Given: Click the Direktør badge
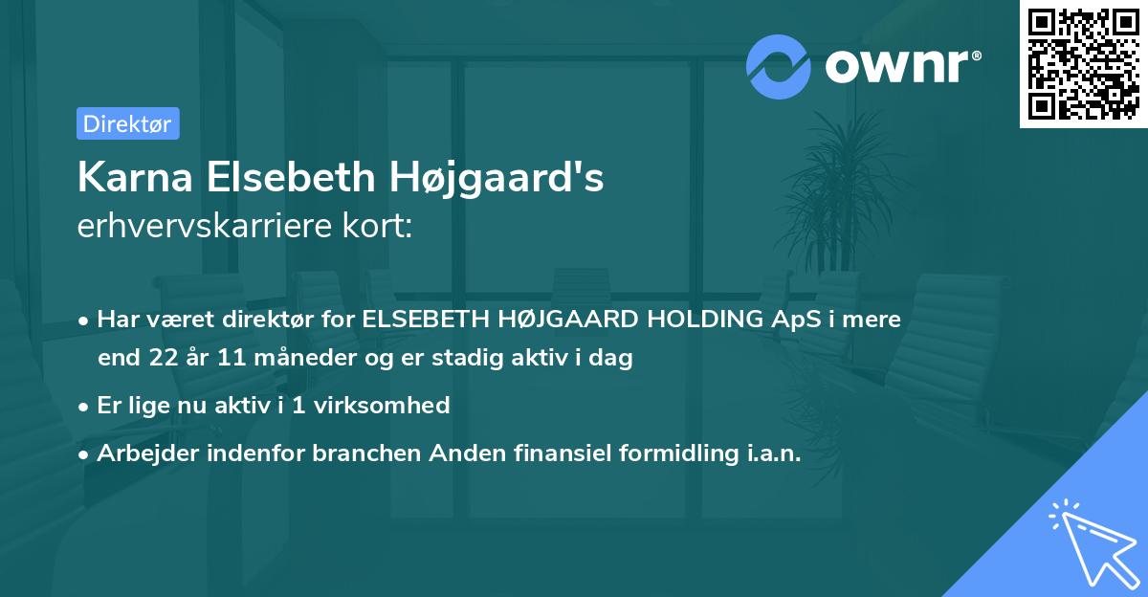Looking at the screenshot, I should pos(127,123).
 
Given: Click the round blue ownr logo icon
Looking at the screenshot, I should pos(780,67).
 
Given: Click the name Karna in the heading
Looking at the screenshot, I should pos(127,178).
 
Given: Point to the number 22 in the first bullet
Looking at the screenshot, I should pos(164,359).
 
